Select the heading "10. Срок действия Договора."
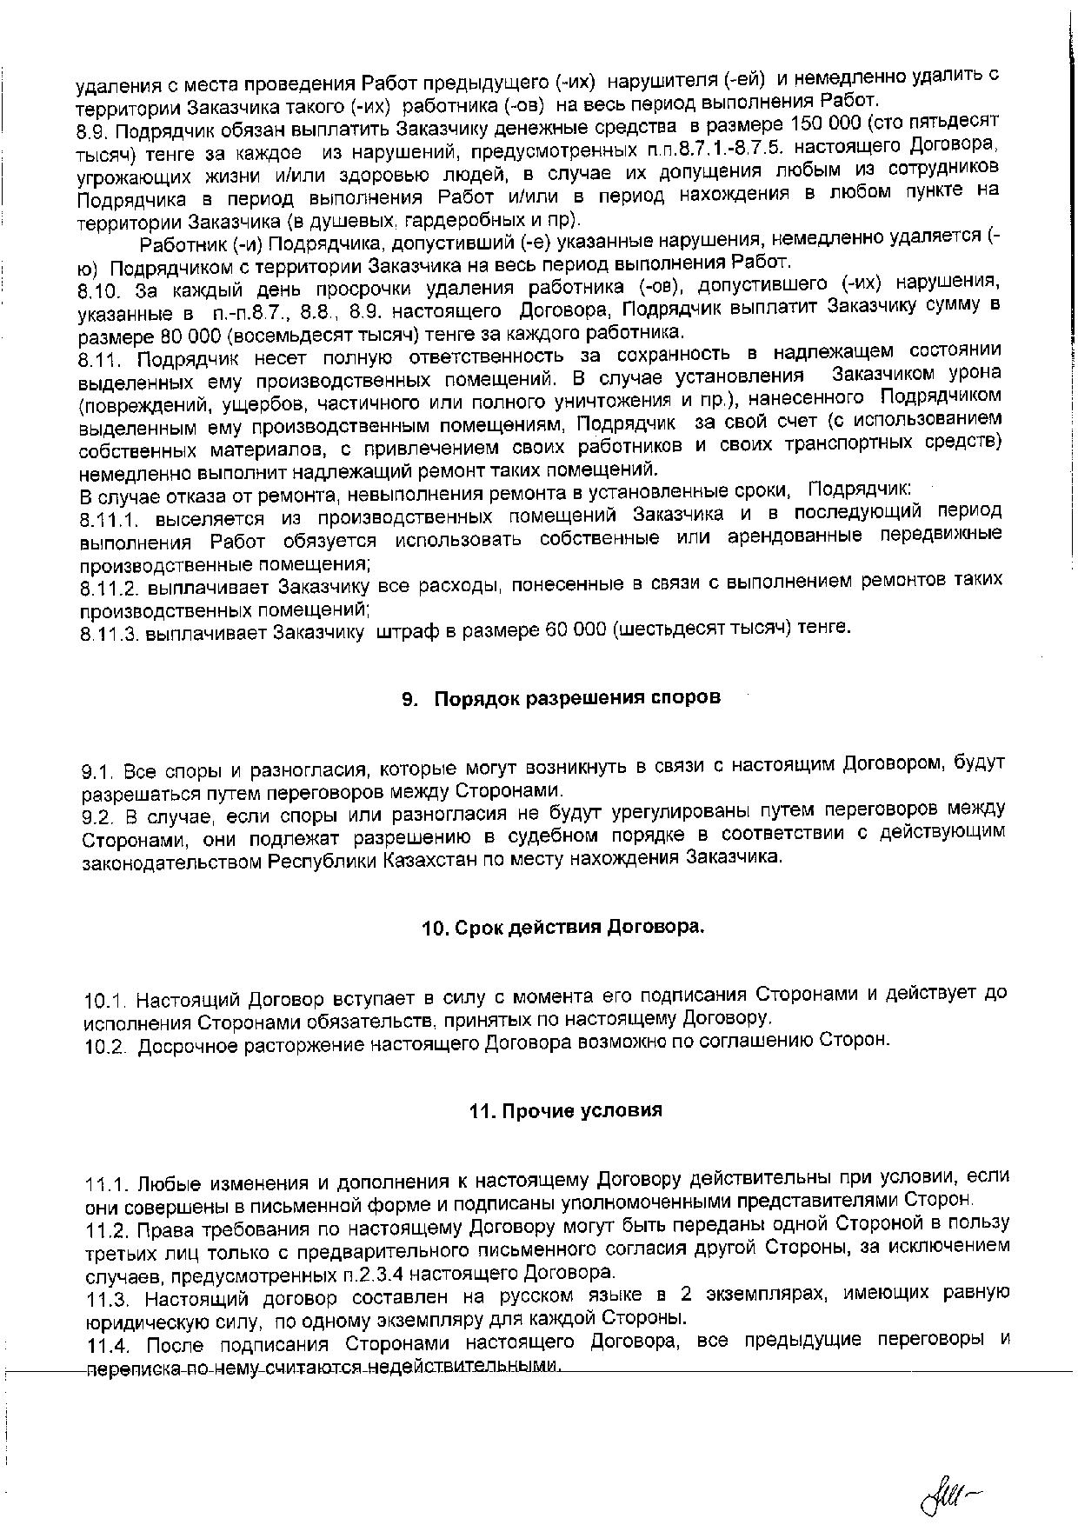[562, 927]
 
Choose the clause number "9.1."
[98, 772]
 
